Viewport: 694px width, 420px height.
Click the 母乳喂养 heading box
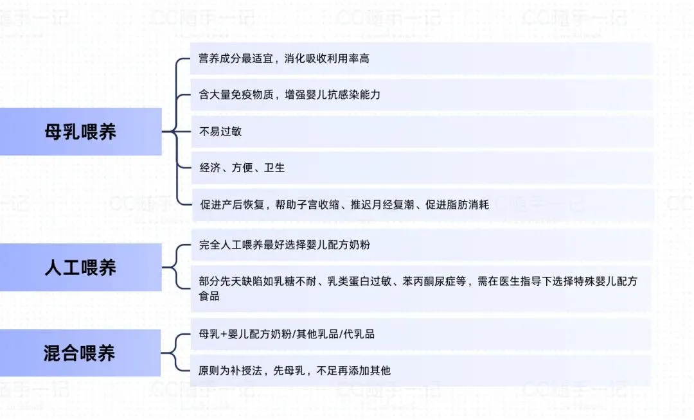[x=80, y=132]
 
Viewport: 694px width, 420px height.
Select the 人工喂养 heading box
[x=80, y=267]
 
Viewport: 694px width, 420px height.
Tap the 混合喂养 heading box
[x=80, y=353]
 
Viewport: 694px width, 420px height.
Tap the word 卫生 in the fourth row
[x=274, y=168]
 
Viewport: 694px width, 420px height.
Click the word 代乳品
[x=360, y=334]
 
